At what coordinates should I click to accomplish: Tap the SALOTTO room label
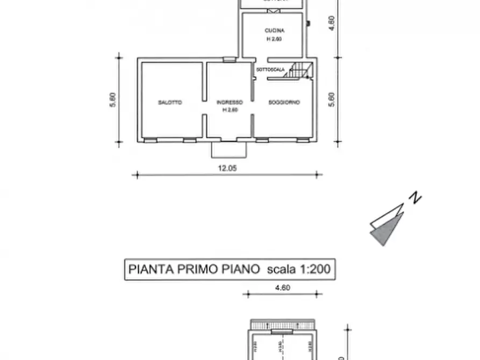pos(170,102)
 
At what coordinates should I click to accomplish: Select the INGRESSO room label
pos(230,102)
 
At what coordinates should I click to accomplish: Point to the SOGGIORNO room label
pos(284,102)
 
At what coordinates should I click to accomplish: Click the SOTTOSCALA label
pos(270,70)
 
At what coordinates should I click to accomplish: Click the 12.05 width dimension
pos(227,168)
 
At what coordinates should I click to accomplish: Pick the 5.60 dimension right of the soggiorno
pos(331,100)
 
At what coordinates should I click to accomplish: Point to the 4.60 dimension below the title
pos(282,288)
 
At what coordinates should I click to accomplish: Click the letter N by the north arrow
pos(414,198)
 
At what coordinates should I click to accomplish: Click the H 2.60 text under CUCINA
pos(275,39)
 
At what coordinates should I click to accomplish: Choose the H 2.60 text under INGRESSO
pos(230,110)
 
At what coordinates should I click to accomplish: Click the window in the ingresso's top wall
pos(230,59)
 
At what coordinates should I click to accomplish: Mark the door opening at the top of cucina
pos(274,11)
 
